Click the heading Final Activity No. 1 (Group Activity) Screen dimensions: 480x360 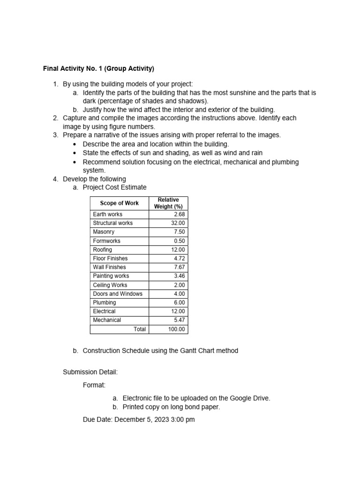click(98, 68)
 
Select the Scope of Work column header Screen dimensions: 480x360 click(119, 203)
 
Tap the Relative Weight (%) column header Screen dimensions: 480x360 click(168, 203)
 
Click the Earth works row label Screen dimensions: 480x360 click(107, 214)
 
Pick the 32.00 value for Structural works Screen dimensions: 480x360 click(178, 223)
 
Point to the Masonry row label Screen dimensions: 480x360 click(104, 232)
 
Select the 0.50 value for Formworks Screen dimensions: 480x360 click(179, 241)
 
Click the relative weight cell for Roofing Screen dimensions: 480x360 click(178, 250)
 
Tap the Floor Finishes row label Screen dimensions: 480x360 click(110, 258)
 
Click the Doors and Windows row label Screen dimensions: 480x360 click(118, 294)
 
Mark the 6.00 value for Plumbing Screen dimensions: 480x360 click(179, 303)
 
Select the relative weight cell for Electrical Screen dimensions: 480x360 click(178, 311)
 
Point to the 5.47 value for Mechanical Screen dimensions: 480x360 click(179, 320)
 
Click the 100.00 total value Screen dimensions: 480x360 click(177, 330)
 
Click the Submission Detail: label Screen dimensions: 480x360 click(90, 372)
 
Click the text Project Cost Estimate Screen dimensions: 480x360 click(114, 187)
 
